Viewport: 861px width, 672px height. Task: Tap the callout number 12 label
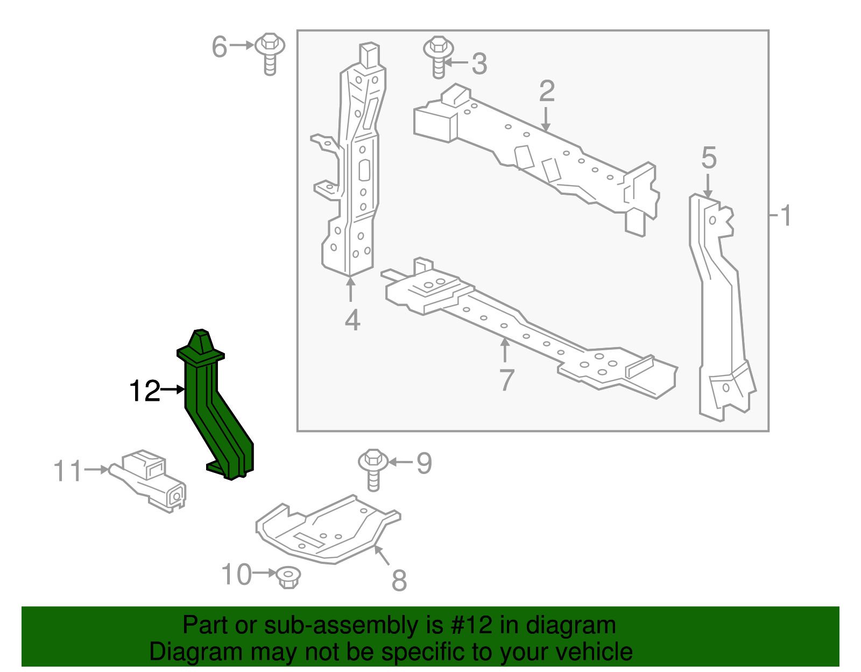click(x=144, y=391)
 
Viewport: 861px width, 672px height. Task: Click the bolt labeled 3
click(x=439, y=56)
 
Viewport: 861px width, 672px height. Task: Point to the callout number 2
click(x=547, y=91)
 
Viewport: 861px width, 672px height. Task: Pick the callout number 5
click(x=709, y=158)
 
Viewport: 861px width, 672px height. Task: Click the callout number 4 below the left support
click(x=352, y=320)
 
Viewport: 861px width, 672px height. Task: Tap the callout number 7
click(x=506, y=380)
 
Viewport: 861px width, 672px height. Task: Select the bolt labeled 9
click(x=373, y=469)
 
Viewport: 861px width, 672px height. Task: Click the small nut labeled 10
click(x=288, y=577)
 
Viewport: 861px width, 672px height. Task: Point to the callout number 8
click(x=399, y=581)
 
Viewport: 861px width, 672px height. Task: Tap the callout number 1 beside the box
click(x=785, y=216)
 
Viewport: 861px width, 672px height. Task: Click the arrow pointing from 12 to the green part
click(x=173, y=389)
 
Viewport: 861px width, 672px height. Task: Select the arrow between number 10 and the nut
click(x=264, y=573)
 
